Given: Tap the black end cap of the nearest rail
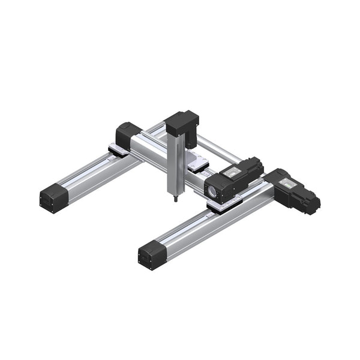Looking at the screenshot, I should (151, 256).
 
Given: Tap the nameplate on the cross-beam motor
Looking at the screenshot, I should (233, 172).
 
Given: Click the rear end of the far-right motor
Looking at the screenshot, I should (313, 204).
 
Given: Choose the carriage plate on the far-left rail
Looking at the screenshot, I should (118, 149).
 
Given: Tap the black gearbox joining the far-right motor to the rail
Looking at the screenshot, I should (277, 180).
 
